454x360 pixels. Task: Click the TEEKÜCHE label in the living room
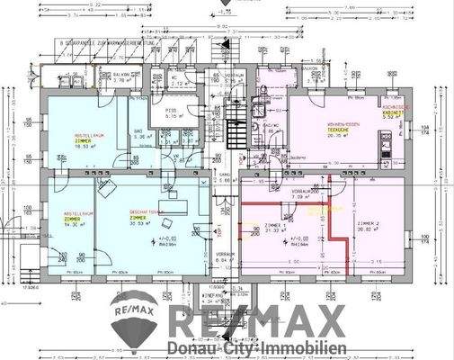coord(338,130)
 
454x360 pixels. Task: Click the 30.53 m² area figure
coord(139,224)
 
